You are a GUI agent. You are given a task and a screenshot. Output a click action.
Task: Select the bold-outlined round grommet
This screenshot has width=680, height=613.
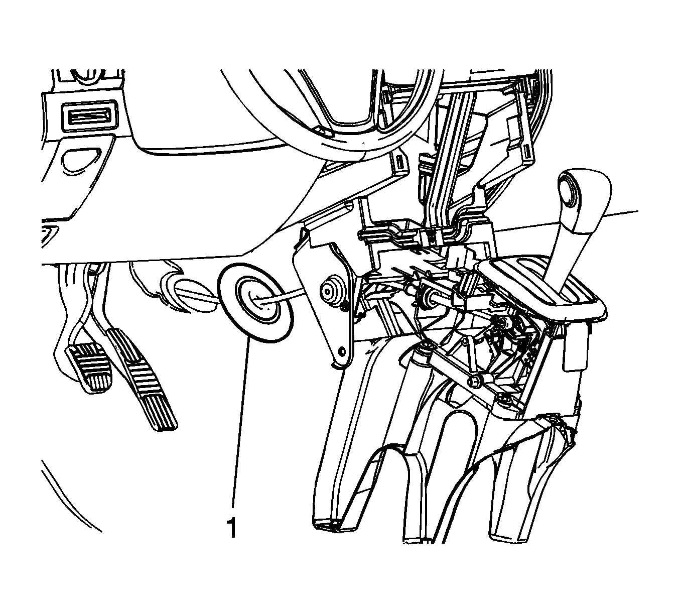pyautogui.click(x=256, y=303)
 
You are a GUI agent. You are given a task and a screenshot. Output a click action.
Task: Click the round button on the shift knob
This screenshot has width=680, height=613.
pyautogui.click(x=570, y=193)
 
